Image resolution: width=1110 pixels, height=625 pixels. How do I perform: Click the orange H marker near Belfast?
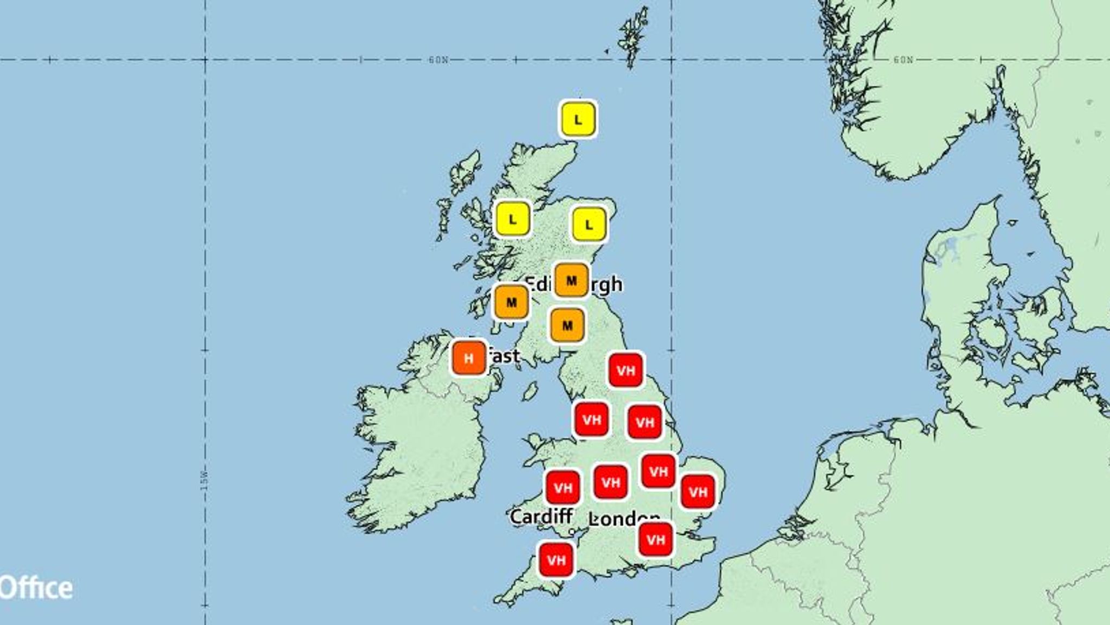coord(469,358)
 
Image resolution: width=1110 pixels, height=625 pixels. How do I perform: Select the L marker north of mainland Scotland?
coord(578,119)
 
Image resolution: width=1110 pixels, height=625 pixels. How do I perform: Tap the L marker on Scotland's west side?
coord(513,220)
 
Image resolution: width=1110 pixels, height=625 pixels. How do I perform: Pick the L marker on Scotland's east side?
coord(589,225)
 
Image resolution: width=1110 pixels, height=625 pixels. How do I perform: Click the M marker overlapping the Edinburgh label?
coord(571,281)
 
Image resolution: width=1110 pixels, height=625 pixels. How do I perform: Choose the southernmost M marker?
coord(567,326)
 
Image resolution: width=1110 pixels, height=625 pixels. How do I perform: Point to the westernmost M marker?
coord(511,302)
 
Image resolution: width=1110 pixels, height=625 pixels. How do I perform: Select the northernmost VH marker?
coord(626,371)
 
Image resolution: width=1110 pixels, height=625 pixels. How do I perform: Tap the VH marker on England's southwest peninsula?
coord(556,560)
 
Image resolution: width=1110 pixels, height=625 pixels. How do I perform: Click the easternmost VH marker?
coord(698,492)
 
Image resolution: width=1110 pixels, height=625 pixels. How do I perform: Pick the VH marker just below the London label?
coord(656,539)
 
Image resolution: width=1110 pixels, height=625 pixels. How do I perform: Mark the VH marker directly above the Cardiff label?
coord(563,488)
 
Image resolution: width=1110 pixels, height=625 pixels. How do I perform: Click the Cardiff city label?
coord(541,516)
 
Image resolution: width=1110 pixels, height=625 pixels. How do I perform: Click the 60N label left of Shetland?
coord(438,60)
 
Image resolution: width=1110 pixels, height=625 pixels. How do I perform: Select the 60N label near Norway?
coord(903,60)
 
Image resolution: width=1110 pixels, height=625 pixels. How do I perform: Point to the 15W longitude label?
coord(204,481)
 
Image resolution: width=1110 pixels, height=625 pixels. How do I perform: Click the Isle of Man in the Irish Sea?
coord(530,391)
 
